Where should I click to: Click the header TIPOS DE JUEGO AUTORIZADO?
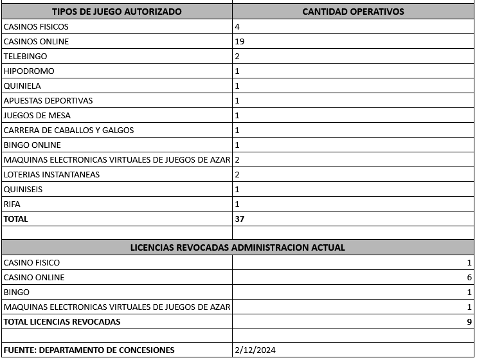[116, 12]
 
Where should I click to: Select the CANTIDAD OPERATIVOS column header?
[353, 12]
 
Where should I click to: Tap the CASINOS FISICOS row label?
[36, 27]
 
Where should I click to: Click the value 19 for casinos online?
[240, 42]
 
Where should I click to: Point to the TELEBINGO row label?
[25, 57]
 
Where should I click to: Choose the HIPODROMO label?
[29, 71]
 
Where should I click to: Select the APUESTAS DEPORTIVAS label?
[48, 101]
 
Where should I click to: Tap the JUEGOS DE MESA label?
[37, 116]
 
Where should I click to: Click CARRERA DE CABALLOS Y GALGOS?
[69, 130]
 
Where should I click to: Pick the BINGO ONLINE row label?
[32, 145]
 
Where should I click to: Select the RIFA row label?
[12, 204]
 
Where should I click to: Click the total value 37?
[240, 219]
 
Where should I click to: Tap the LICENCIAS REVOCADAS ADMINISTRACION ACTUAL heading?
[238, 248]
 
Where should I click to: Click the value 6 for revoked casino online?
[469, 278]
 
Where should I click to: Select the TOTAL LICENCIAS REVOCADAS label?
[62, 321]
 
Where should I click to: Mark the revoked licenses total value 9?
[469, 321]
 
